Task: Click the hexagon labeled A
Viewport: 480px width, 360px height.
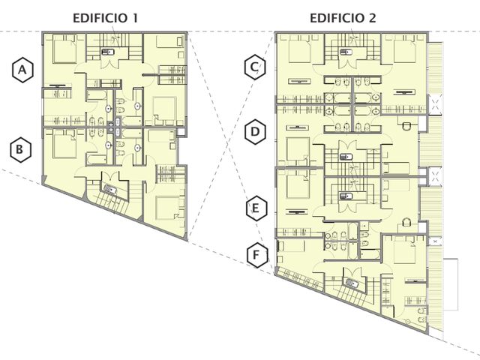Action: tap(22, 70)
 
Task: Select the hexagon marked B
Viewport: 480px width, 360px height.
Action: tap(20, 150)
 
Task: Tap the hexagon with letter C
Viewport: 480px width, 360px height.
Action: tap(255, 67)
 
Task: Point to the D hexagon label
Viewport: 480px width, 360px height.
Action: tap(255, 132)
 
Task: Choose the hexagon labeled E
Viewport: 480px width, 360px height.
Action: tap(256, 208)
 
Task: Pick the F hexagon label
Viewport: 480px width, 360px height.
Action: tap(256, 255)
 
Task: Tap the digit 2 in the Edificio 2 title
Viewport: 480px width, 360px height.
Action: tap(372, 18)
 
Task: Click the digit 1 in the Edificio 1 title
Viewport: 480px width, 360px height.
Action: tap(134, 18)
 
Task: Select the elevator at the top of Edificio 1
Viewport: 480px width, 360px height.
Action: tap(108, 52)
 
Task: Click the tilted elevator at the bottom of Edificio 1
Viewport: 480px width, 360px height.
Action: tap(110, 189)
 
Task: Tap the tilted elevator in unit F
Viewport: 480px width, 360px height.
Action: tap(352, 283)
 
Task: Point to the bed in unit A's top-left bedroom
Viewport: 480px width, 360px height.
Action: tap(64, 49)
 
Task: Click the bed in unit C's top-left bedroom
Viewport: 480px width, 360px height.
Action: tap(300, 49)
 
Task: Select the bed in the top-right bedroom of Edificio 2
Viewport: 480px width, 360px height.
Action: tap(404, 49)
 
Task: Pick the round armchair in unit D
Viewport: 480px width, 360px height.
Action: tap(406, 126)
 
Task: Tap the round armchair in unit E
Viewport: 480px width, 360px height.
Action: tap(406, 222)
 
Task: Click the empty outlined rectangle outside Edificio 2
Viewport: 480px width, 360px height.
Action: tap(451, 284)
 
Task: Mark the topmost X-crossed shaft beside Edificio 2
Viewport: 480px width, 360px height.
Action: tap(436, 104)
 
